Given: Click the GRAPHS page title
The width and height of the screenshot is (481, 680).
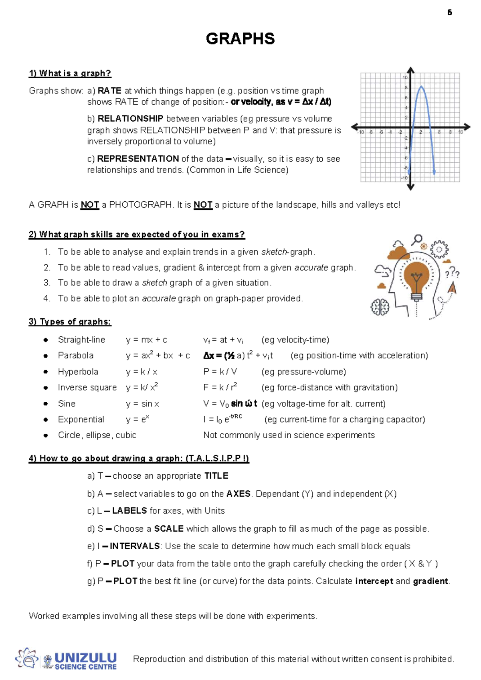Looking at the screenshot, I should point(240,39).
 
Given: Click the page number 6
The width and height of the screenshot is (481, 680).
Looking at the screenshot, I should point(450,13).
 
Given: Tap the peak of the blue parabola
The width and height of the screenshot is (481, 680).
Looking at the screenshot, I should point(421,86).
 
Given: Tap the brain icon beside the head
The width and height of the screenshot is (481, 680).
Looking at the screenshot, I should point(380,308).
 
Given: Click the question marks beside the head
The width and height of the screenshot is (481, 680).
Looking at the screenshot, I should point(452,274).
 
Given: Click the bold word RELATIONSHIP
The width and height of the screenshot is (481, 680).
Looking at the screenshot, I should point(130,119).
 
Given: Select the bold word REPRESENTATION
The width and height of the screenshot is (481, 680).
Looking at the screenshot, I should point(138,159).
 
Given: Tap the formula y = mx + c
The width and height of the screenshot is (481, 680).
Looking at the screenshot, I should point(146,340).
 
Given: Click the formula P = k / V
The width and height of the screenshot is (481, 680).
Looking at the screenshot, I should point(220,372).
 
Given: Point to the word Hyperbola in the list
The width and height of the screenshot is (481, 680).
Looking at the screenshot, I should point(78,372).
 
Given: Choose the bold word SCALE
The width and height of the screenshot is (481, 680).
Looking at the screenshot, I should point(169,528).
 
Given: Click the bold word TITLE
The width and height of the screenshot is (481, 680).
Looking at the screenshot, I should point(216,476).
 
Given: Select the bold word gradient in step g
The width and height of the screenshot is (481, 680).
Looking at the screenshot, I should point(430,581).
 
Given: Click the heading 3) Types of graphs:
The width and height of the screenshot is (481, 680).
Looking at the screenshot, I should point(70,322).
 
